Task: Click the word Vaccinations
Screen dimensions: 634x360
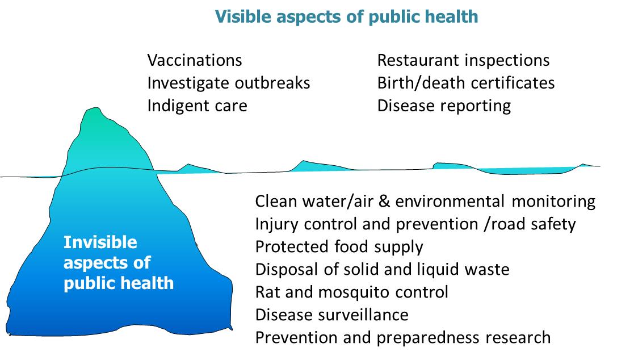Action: [195, 60]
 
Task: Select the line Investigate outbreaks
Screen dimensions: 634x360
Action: [228, 83]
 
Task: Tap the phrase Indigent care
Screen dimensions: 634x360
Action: [197, 106]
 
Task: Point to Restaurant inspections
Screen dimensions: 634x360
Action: [463, 61]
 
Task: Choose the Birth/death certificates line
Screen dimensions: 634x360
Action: [466, 83]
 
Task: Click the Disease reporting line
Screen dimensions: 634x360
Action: [444, 106]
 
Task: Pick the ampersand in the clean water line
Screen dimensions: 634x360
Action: [384, 201]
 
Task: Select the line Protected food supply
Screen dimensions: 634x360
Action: [339, 247]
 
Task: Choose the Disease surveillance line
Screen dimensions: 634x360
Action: [332, 315]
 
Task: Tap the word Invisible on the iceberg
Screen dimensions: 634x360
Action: [100, 242]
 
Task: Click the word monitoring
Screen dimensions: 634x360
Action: [553, 202]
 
